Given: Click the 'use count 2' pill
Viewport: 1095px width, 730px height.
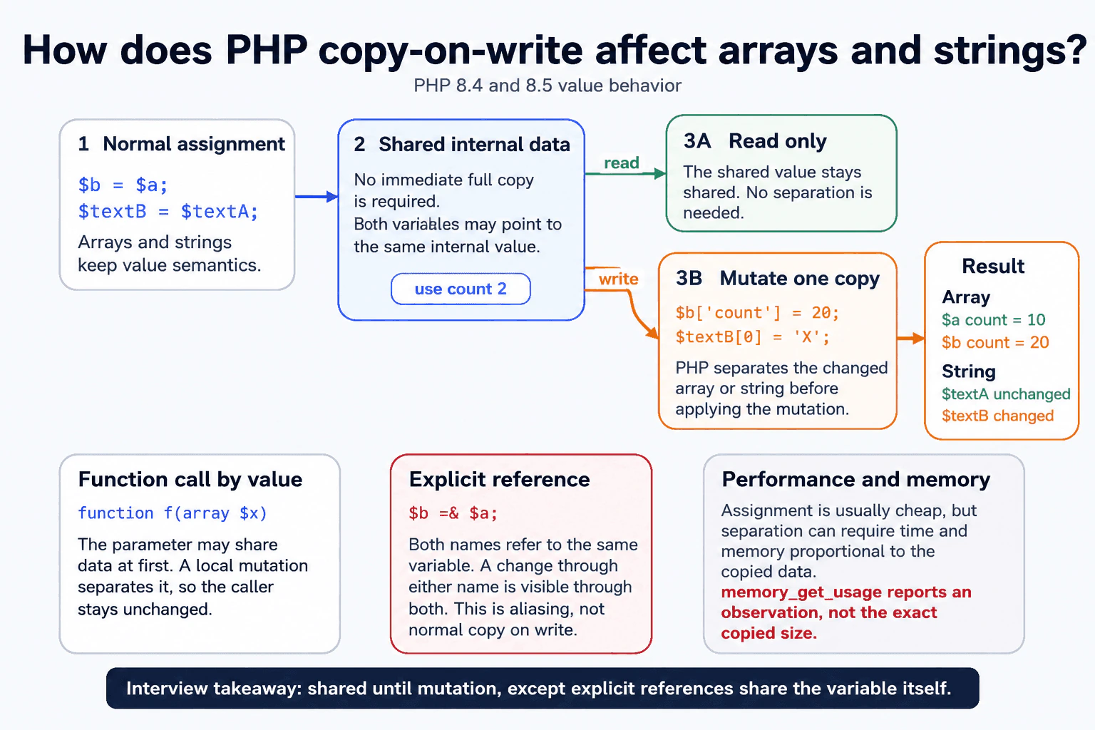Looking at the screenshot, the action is tap(461, 289).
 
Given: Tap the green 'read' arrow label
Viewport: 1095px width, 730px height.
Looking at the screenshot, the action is tap(622, 163).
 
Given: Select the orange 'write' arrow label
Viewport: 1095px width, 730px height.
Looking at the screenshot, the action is tap(618, 279).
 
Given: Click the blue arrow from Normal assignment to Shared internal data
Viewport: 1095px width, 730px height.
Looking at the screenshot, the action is tap(317, 197).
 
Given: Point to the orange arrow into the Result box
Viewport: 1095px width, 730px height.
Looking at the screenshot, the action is tap(910, 338).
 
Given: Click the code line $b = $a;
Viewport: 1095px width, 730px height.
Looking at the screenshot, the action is tap(123, 185).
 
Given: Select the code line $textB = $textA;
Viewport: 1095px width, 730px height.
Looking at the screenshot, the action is tap(168, 211).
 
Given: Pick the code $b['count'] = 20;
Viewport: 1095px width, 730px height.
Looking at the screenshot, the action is tap(757, 313).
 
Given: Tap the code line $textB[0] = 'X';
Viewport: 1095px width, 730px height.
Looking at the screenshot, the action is tap(752, 337).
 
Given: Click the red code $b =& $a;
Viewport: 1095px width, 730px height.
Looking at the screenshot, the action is tap(453, 513).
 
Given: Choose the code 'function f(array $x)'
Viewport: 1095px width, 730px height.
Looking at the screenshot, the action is tap(173, 513).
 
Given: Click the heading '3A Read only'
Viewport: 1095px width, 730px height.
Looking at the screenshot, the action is tap(755, 141).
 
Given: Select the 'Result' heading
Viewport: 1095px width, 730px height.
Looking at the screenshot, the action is tap(993, 266).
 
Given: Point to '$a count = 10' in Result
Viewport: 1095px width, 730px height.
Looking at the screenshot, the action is tap(993, 320).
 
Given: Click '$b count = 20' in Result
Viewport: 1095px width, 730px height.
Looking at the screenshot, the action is tap(995, 342).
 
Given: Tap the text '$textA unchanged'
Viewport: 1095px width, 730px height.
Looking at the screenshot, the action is tap(1006, 394).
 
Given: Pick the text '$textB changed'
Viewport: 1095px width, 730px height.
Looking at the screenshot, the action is tap(998, 416).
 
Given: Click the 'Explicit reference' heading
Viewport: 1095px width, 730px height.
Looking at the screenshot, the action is tap(499, 479).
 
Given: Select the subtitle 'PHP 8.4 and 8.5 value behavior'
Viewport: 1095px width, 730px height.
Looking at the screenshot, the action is tap(547, 86).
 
